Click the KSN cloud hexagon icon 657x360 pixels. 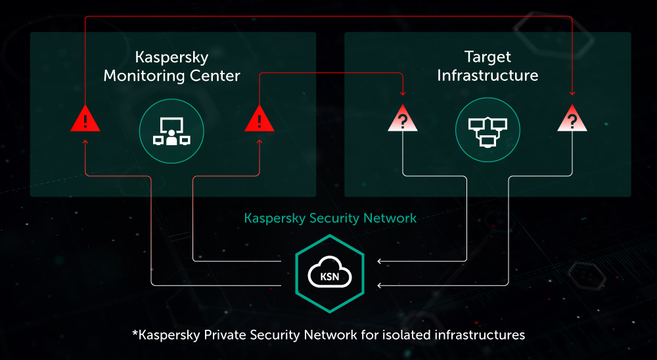(x=330, y=273)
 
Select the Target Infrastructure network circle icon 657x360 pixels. (x=487, y=130)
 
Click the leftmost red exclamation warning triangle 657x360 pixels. (x=85, y=120)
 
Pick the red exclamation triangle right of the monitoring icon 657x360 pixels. (x=259, y=120)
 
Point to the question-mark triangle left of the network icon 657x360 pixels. (x=402, y=120)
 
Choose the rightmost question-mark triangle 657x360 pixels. (x=572, y=120)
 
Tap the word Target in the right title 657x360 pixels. (x=487, y=57)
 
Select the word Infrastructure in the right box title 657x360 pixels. (x=487, y=76)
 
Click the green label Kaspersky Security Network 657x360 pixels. (x=330, y=217)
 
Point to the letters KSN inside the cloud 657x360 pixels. (x=330, y=277)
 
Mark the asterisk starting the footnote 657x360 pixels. (x=135, y=333)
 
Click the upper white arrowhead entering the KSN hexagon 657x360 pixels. (x=380, y=261)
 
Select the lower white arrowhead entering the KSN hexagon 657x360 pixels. (x=380, y=285)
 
